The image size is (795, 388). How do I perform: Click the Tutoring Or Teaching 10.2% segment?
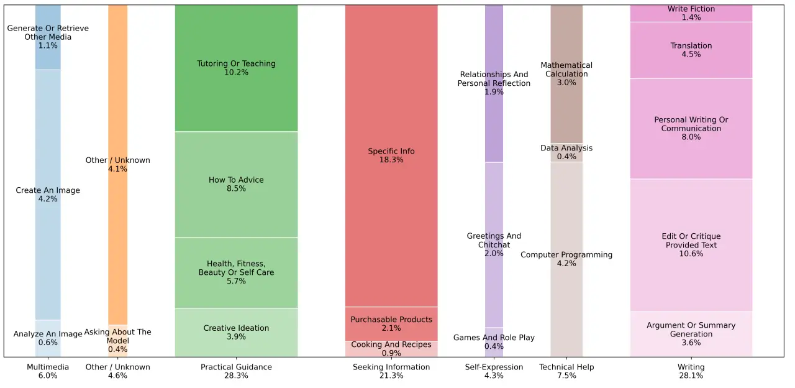coord(236,68)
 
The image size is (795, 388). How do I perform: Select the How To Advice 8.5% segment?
coord(236,184)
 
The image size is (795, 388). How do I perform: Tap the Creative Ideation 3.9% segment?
coord(236,332)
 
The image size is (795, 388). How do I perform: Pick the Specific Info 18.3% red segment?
coord(391,155)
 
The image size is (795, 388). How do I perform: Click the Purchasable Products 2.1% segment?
coord(391,324)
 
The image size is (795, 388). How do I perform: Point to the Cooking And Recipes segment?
coord(391,349)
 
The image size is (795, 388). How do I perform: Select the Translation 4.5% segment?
coord(691,50)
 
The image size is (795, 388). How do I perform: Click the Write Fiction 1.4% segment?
coord(691,13)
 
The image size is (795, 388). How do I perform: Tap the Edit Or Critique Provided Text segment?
coord(691,245)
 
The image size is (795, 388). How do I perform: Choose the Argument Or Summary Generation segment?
coord(691,334)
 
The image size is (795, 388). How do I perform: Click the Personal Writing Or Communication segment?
coord(691,128)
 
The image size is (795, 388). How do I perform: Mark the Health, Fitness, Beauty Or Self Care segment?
coord(236,272)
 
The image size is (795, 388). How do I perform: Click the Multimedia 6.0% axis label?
coord(48,371)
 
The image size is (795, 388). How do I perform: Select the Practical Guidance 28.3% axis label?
coord(236,371)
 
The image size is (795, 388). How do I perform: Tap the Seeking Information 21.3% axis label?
coord(391,371)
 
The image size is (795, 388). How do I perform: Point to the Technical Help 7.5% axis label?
coord(566,371)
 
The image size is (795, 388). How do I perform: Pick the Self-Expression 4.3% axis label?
coord(494,371)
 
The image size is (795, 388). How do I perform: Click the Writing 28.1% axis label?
coord(691,371)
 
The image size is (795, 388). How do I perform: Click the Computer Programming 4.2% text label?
coord(566,259)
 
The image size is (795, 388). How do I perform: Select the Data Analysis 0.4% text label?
coord(566,152)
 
